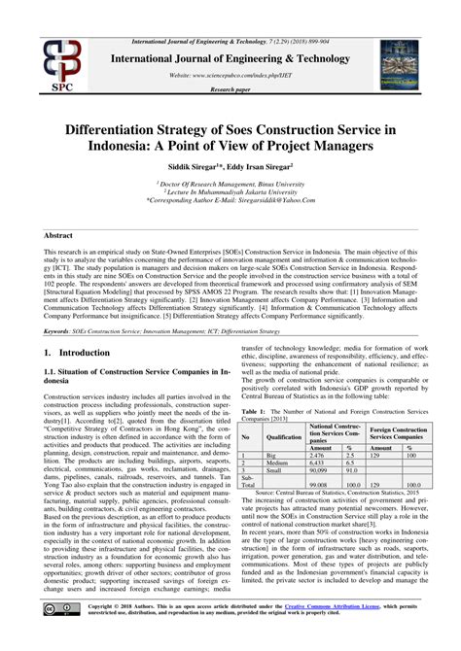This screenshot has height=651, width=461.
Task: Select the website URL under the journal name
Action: click(x=231, y=74)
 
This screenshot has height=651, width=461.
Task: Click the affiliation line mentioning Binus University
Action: click(x=230, y=181)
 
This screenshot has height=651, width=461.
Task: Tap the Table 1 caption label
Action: click(x=254, y=413)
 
